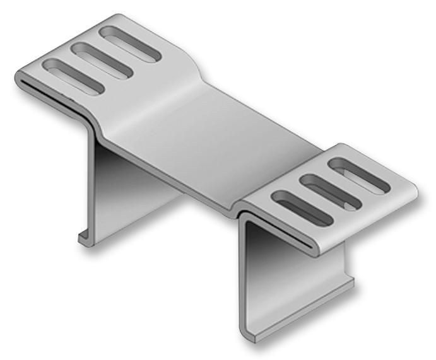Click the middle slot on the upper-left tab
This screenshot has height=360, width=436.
[x=101, y=60]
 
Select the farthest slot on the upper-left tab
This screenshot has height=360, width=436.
[x=131, y=45]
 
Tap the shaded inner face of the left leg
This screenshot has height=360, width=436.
[x=126, y=189]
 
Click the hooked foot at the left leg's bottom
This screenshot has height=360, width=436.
[x=84, y=238]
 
